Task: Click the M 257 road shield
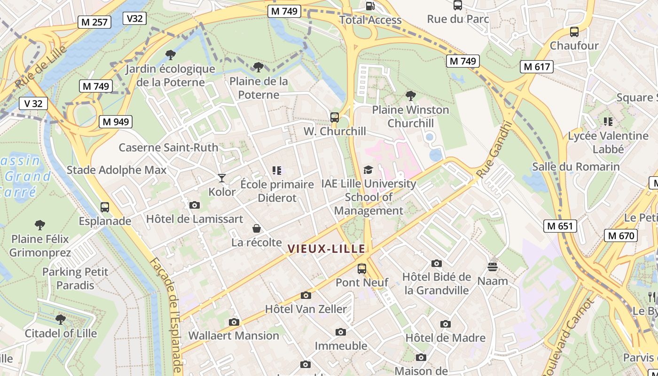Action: (94, 22)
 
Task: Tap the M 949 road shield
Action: (116, 122)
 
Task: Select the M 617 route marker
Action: (537, 67)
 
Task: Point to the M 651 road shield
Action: (560, 226)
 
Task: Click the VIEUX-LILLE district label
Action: (326, 249)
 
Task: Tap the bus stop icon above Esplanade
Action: (105, 207)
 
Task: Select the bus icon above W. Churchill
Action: (335, 117)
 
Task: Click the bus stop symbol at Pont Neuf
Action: (362, 269)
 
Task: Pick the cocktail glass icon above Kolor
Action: (222, 178)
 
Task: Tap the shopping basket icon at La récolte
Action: (257, 229)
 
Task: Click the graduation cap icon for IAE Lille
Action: (368, 170)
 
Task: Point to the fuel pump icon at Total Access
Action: (370, 6)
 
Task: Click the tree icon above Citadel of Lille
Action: (60, 320)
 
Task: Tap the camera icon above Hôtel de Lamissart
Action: (194, 205)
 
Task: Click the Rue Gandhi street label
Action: (493, 149)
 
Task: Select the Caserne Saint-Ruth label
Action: (168, 148)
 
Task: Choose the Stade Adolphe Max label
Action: (117, 170)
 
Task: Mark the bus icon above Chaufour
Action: (574, 32)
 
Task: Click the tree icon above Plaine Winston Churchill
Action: (411, 96)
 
